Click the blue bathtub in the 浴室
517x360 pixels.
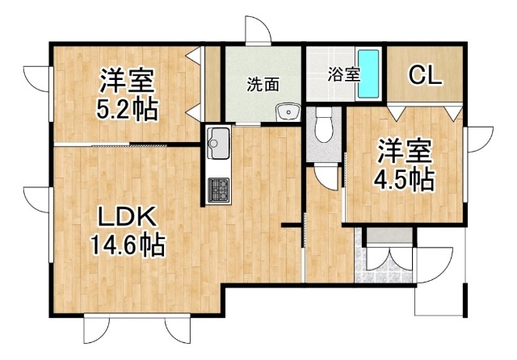pos(369,73)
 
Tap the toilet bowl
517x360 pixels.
pos(323,125)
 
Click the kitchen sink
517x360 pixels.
pos(217,146)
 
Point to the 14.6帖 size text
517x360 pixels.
pos(127,243)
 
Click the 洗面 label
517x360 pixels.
pos(263,83)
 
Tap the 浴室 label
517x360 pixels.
pos(343,74)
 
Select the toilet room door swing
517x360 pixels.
pos(326,176)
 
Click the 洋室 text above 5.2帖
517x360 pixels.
pos(128,82)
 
